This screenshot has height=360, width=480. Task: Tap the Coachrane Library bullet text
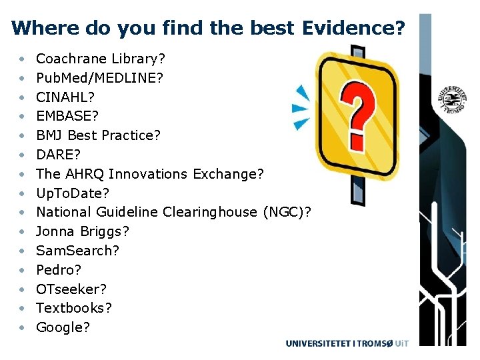tap(100, 59)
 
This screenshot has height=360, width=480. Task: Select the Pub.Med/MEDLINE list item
tap(99, 78)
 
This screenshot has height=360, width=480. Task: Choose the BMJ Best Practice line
tap(98, 135)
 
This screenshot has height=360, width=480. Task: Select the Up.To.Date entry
tap(72, 193)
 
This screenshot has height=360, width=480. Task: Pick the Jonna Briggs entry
tap(83, 231)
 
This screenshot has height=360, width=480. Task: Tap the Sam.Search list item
tap(77, 251)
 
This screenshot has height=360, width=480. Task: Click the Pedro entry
tap(59, 270)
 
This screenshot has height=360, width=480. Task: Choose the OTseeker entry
tap(71, 289)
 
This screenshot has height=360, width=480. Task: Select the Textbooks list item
tap(74, 308)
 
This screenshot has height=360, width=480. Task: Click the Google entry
tap(63, 327)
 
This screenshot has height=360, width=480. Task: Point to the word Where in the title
tap(37, 28)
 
